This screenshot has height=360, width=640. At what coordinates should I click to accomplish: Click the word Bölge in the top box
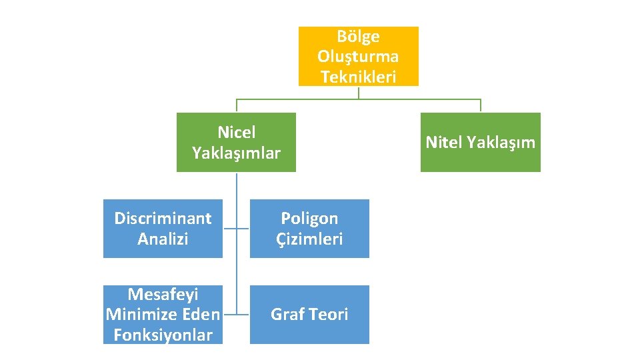tap(358, 36)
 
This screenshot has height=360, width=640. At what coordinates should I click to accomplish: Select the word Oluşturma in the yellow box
tap(358, 56)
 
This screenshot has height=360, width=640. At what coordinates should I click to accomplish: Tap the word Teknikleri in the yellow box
tap(358, 77)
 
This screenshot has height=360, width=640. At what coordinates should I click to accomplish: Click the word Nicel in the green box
tap(236, 133)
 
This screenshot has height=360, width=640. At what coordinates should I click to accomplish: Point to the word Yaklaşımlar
tap(236, 153)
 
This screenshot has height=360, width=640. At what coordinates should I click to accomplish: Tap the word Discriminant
tap(163, 218)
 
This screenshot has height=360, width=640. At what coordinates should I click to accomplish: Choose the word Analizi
tap(163, 239)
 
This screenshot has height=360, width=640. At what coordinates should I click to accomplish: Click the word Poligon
tap(309, 218)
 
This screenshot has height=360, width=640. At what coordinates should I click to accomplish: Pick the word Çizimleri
tap(309, 239)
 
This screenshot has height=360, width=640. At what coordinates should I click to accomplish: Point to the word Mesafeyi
tap(163, 294)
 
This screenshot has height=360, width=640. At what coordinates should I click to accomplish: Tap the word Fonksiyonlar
tap(163, 335)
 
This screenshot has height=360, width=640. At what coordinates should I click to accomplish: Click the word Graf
tap(287, 314)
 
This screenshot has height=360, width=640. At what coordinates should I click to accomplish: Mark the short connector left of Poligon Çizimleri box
tap(243, 228)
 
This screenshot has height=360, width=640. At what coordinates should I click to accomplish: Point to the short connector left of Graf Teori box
tap(243, 314)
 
